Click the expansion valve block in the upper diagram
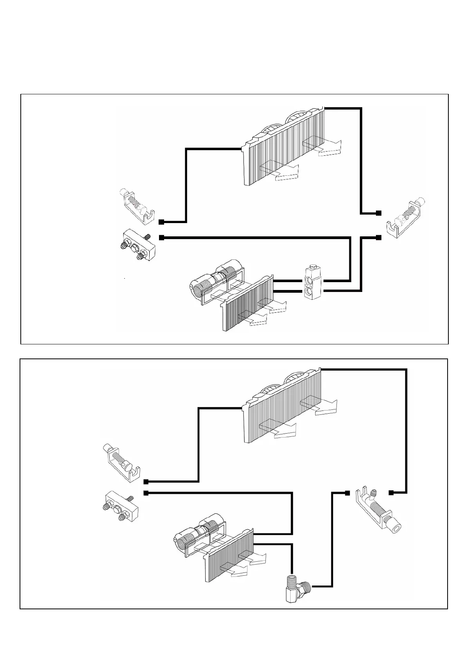(x=312, y=283)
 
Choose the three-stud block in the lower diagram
(x=119, y=507)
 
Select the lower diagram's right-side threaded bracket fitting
(x=380, y=508)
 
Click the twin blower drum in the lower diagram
(x=200, y=534)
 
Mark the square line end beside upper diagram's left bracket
(x=161, y=222)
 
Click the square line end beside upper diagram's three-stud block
(x=161, y=237)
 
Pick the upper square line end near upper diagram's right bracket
(x=378, y=213)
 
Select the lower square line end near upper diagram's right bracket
(x=378, y=237)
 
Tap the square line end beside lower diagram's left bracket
(x=146, y=481)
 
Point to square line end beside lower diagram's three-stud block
(x=146, y=493)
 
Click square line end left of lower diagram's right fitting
(x=347, y=492)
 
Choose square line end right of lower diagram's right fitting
(x=391, y=492)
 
